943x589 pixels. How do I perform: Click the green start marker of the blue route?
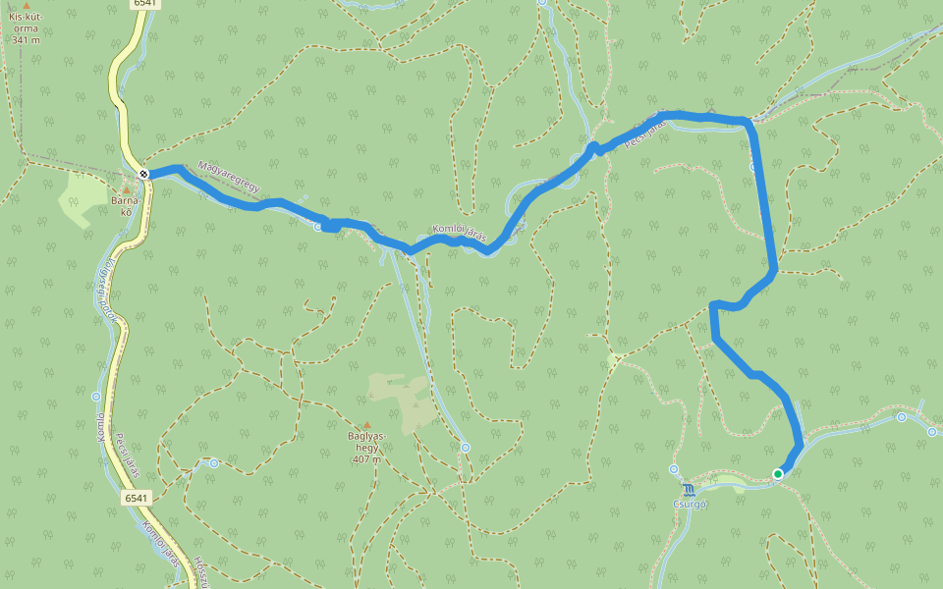(x=777, y=474)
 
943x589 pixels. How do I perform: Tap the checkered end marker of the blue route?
(x=144, y=174)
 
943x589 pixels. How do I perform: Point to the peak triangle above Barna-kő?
(x=126, y=189)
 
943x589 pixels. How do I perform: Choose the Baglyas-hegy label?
(x=366, y=441)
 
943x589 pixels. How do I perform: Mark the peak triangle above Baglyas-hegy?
(x=366, y=425)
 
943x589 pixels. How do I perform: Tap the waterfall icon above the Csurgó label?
(x=689, y=488)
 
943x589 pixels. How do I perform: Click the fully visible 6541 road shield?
(x=137, y=498)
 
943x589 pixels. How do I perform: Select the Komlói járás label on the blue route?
(x=460, y=232)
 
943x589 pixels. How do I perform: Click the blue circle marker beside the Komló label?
(x=96, y=397)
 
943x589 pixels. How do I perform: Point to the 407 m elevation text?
(x=365, y=458)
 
